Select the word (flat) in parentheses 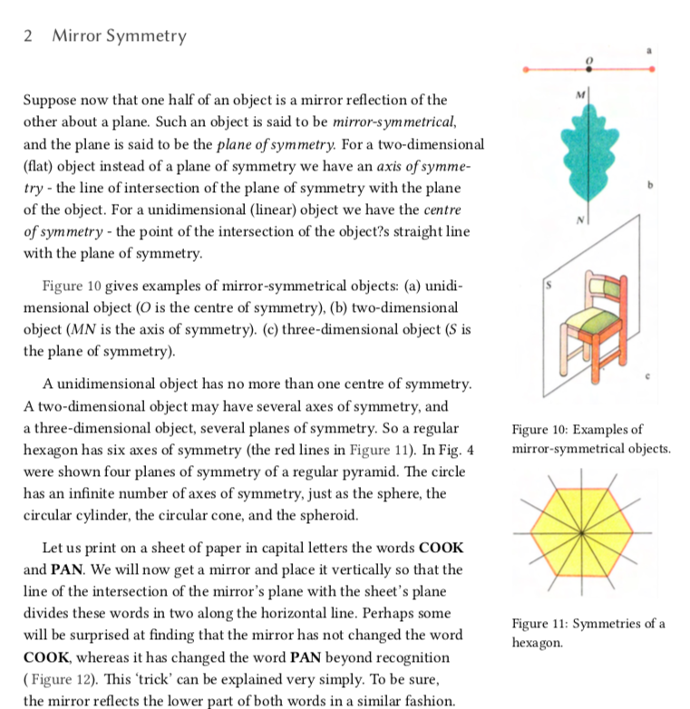[x=41, y=166]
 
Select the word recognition [x=399, y=657]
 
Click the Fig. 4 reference [x=456, y=450]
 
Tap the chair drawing [x=592, y=323]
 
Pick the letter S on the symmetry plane [x=547, y=286]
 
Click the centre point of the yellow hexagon [x=588, y=531]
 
